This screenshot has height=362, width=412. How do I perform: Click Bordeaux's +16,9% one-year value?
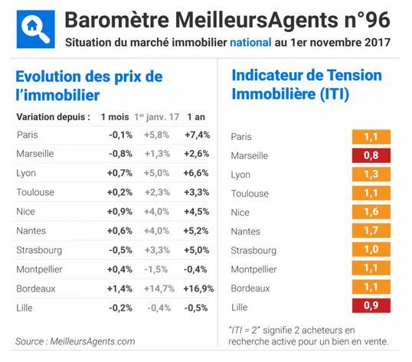click(198, 288)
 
